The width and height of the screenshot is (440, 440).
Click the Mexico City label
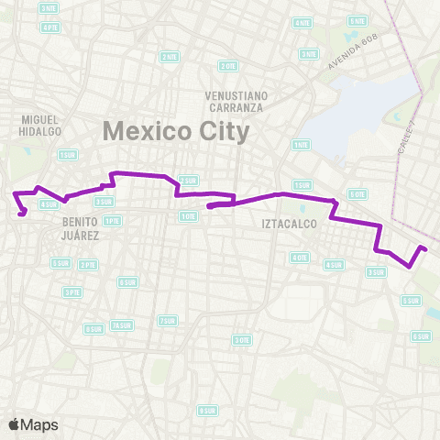[x=175, y=130]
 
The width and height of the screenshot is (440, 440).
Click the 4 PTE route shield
[x=49, y=27]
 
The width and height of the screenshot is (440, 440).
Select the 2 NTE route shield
[x=170, y=57]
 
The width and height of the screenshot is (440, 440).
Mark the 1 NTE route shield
[x=300, y=145]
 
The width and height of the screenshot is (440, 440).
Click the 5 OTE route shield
[x=357, y=194]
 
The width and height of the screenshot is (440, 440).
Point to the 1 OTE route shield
[x=188, y=216]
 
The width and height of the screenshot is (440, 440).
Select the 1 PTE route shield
[x=112, y=221]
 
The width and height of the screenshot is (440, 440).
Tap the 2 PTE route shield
[x=88, y=265]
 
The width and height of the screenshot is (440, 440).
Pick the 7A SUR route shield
[x=121, y=324]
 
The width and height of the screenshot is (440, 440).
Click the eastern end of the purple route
[x=423, y=247]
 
